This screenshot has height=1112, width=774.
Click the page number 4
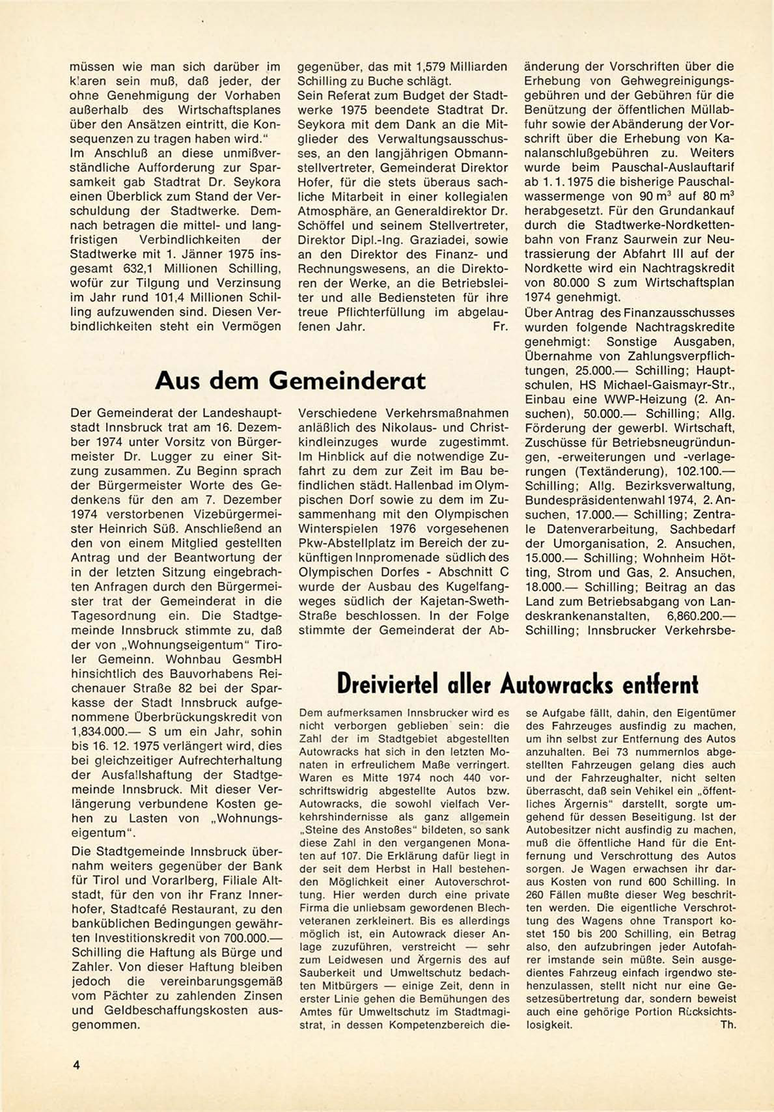pos(76,1065)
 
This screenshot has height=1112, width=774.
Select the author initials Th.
pos(728,1024)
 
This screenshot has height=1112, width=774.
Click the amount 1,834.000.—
pos(102,731)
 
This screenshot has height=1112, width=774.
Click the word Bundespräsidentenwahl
pos(596,500)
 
